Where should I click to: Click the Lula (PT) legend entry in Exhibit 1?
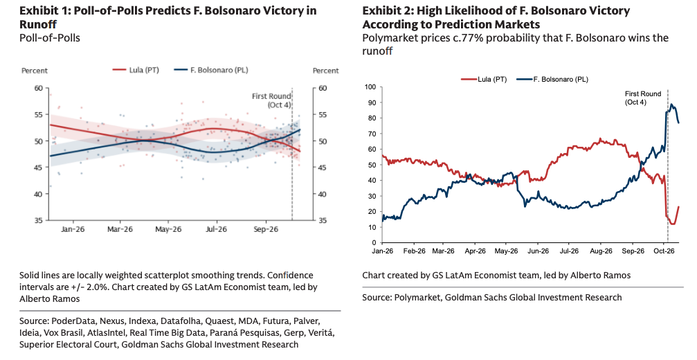coord(136,70)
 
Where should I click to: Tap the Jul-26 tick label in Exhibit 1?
coord(217,229)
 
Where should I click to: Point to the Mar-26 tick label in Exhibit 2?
coord(444,251)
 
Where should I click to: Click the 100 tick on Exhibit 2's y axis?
coord(370,87)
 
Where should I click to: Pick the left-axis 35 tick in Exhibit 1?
coord(39,220)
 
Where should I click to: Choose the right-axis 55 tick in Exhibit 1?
coord(323,115)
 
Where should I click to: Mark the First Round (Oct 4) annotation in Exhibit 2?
coord(643,98)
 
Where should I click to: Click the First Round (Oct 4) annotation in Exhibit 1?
coord(271,100)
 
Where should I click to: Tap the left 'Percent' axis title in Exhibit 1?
coord(35,71)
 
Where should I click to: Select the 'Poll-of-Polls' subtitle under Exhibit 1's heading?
coord(50,38)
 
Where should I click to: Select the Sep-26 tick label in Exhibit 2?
coord(633,251)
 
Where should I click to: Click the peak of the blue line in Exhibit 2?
coord(671,105)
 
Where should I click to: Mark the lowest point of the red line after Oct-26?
coord(673,224)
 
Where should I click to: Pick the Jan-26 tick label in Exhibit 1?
coord(73,229)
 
